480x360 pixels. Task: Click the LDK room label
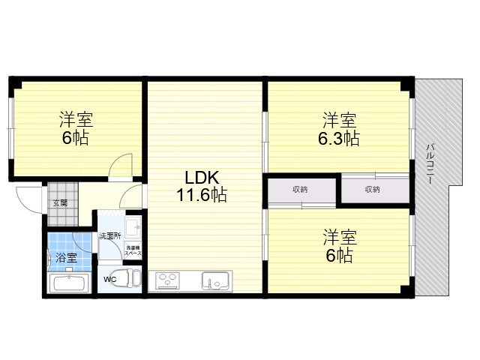coord(202,177)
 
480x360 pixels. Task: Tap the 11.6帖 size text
coord(202,194)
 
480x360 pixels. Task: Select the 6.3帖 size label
coord(339,138)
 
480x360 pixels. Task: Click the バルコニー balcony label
coord(430,163)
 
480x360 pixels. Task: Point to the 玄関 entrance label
coord(60,203)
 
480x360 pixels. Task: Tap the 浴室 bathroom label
coord(66,257)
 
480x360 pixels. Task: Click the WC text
coord(109,280)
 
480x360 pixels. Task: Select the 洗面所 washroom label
coord(109,236)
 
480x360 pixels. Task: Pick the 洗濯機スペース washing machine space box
coord(133,250)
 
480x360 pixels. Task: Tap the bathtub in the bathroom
coord(69,283)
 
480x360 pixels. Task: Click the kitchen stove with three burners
coord(167,280)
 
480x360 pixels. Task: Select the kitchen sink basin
coord(215,280)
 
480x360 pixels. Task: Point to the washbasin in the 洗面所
coord(133,227)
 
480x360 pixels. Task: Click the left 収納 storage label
coord(300,190)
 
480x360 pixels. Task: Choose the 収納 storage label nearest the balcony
coord(373,190)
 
